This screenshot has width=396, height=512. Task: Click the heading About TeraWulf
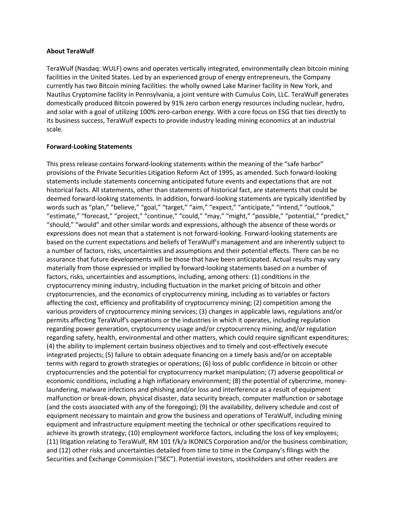click(70, 51)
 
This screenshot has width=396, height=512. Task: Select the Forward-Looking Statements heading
click(89, 147)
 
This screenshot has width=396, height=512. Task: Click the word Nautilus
click(58, 95)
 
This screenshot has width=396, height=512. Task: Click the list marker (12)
click(65, 450)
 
